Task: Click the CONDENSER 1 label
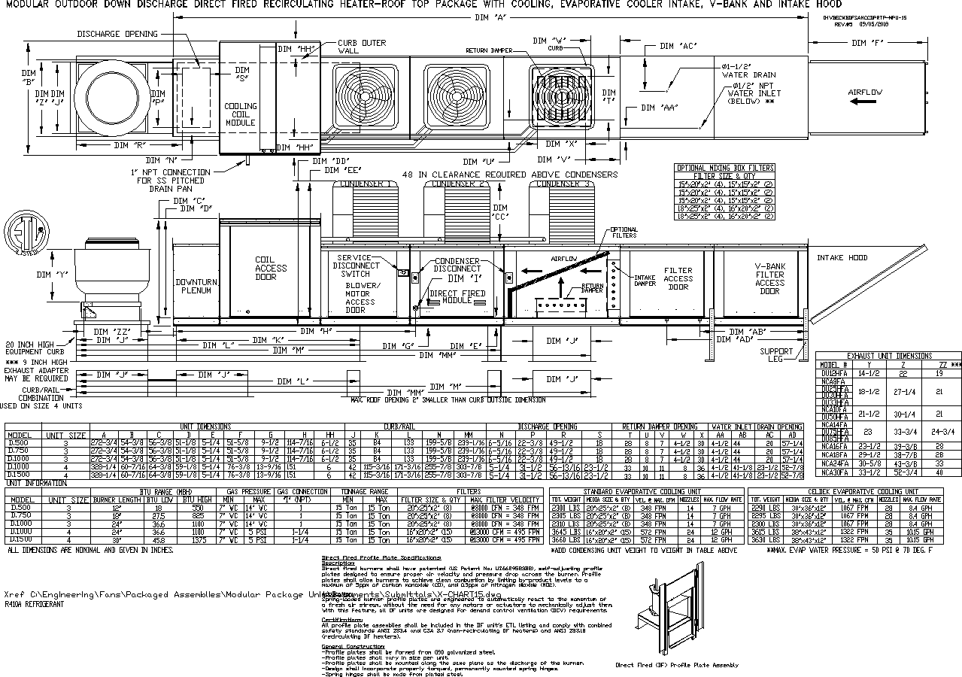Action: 365,184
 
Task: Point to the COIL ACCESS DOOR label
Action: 271,269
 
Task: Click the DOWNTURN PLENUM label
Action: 196,287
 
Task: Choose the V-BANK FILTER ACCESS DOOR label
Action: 769,278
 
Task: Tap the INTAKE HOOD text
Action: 842,258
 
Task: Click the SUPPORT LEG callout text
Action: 775,355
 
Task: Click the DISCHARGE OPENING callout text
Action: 117,34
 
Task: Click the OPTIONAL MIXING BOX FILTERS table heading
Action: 725,168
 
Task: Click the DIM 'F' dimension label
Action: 889,43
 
